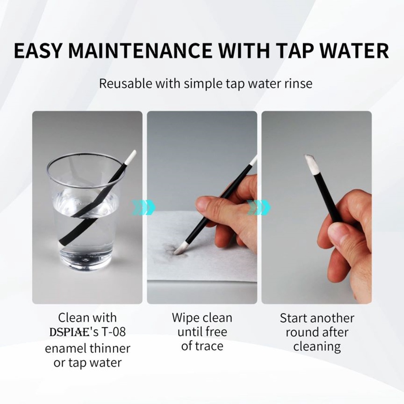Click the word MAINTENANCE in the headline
coord(140,50)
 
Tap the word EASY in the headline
coord(38,50)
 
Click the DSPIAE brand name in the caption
coord(69,332)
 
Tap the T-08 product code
coord(114,332)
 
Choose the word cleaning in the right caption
coord(317,346)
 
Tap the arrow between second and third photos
coord(259,207)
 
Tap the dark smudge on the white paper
coord(170,249)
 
